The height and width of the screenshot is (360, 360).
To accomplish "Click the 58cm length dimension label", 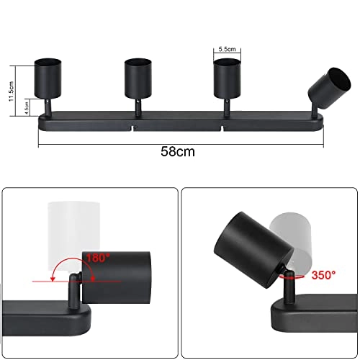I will [178, 152].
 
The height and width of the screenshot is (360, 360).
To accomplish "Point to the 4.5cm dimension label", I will [27, 108].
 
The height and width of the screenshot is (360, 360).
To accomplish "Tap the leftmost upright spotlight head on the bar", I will [50, 79].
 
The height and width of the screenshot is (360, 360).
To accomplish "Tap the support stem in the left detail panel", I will [73, 291].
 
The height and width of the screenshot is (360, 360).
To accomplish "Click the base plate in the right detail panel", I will [310, 317].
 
